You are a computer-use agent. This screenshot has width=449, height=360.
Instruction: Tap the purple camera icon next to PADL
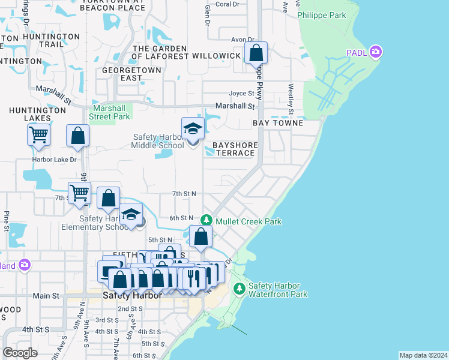376,52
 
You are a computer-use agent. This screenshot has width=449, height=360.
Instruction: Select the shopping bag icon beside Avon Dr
256,53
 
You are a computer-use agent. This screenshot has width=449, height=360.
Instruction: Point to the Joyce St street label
242,94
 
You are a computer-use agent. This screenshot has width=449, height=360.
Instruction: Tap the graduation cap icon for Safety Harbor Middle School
193,128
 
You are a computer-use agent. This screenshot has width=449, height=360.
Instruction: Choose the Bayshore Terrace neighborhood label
235,149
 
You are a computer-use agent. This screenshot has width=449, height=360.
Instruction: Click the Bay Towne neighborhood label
278,122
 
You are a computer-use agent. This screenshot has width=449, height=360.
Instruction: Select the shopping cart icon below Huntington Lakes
39,135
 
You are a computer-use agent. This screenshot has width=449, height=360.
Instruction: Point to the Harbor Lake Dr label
55,160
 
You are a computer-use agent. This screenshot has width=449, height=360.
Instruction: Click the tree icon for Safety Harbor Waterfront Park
240,289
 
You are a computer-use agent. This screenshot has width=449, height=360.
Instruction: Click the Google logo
20,352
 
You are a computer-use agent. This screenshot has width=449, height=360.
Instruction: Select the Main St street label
46,296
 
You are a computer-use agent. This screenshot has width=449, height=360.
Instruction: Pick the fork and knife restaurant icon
193,277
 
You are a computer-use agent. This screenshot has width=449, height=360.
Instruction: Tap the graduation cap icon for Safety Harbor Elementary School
130,215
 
